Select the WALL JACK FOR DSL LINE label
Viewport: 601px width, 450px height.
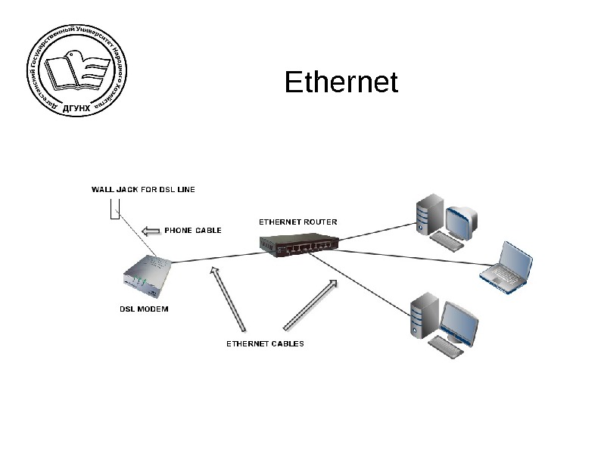[x=143, y=189]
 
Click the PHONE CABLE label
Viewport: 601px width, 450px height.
[x=193, y=230]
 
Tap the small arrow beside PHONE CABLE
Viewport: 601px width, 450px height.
[x=152, y=230]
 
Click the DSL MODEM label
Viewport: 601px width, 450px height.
[x=145, y=309]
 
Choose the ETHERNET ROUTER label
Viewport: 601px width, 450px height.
[x=298, y=222]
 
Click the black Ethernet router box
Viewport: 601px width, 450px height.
[x=298, y=244]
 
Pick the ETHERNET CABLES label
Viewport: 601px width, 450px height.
[x=266, y=343]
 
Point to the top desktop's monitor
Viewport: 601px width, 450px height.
[x=462, y=219]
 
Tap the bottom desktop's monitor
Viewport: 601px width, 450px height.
[x=459, y=323]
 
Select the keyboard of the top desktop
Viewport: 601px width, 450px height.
[x=449, y=240]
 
